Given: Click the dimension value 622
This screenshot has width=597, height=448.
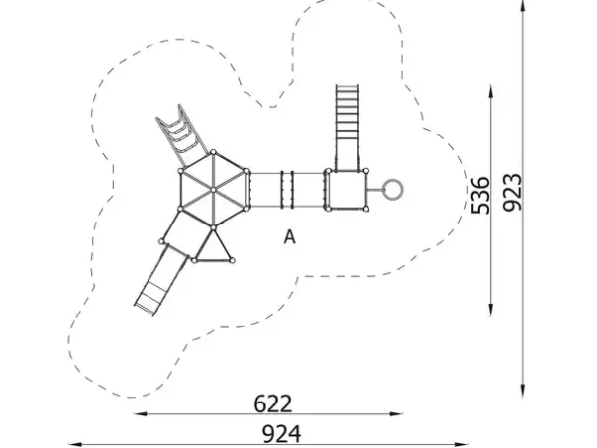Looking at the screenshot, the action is point(273,403).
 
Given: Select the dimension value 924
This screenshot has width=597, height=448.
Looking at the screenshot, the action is point(282,434).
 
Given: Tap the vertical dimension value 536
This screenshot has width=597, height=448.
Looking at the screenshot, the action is point(480,196).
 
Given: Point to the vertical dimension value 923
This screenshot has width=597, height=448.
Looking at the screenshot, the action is point(511,193).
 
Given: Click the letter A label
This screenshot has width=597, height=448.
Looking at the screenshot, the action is point(290,237).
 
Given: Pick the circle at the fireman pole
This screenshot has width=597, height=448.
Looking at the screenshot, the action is point(392,190).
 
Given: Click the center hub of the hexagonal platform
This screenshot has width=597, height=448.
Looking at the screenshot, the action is point(213,190).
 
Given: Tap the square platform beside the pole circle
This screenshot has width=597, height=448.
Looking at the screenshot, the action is point(347,190).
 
